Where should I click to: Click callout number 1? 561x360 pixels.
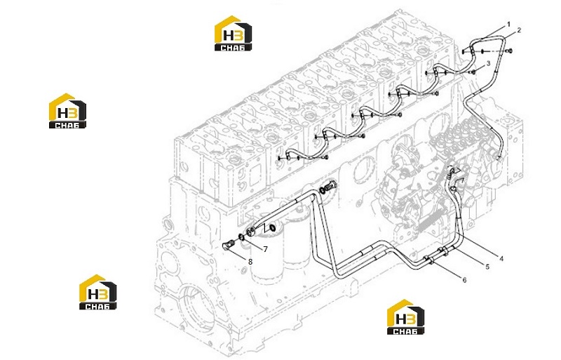click(x=508, y=25)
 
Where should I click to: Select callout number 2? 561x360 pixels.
click(x=519, y=30)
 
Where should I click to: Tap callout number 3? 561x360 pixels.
click(x=488, y=64)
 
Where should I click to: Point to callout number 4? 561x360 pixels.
click(x=501, y=258)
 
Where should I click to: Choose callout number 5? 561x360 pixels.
click(x=487, y=267)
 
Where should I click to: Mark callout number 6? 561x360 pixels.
click(x=464, y=280)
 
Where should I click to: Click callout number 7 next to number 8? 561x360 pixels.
click(x=265, y=249)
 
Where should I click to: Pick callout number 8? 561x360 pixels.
click(x=250, y=262)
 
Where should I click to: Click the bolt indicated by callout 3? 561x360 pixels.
click(x=473, y=72)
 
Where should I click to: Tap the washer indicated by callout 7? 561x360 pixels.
click(x=242, y=237)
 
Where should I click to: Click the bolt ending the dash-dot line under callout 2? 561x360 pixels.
click(x=510, y=51)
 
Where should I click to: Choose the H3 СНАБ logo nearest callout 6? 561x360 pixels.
click(x=406, y=317)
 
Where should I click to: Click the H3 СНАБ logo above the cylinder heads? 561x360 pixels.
click(x=233, y=33)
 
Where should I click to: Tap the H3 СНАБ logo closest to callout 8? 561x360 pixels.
click(x=97, y=292)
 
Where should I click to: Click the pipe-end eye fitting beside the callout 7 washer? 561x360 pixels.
click(x=251, y=232)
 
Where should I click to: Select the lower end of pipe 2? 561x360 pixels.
click(x=499, y=156)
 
